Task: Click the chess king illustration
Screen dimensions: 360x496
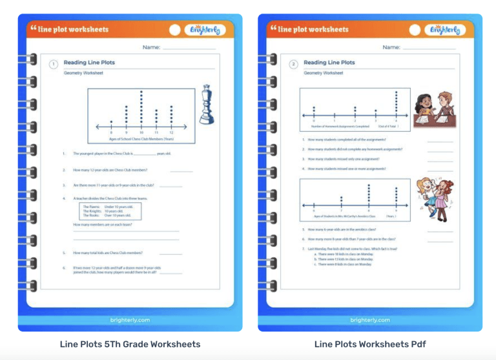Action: click(x=207, y=104)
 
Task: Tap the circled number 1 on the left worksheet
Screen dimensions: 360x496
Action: click(x=53, y=64)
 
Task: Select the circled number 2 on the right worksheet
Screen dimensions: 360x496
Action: click(x=293, y=64)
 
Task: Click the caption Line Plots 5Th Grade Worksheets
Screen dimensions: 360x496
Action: click(x=130, y=344)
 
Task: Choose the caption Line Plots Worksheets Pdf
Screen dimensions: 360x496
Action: click(x=370, y=344)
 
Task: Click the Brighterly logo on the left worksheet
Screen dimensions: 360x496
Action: click(x=205, y=30)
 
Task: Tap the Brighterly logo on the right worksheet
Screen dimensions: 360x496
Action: click(x=445, y=30)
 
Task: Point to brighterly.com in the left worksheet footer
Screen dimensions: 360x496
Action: click(x=130, y=320)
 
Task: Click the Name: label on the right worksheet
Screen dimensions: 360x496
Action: click(x=391, y=47)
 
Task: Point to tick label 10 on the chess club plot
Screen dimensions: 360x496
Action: click(x=141, y=132)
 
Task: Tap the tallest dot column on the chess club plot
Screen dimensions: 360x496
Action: click(x=141, y=107)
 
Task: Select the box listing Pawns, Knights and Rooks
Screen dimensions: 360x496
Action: click(x=110, y=211)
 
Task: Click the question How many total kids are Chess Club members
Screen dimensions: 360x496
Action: click(x=108, y=253)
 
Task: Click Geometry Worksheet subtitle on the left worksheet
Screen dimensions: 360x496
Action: click(x=81, y=73)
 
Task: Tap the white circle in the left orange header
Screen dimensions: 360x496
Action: click(x=175, y=30)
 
